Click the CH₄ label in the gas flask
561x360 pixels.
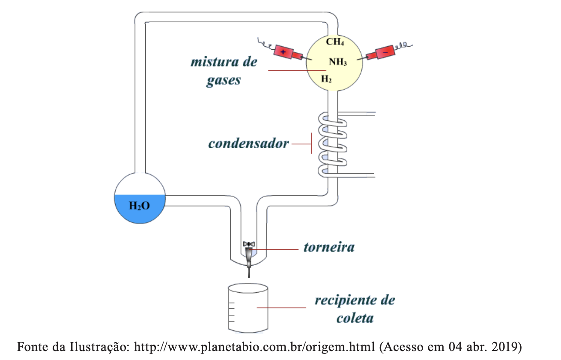335,42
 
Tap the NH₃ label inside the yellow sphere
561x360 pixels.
338,62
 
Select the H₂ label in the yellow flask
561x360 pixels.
326,79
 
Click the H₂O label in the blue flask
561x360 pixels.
139,206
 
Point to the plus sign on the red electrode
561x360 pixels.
283,52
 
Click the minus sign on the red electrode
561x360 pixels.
385,52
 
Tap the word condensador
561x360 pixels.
249,144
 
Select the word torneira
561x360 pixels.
329,247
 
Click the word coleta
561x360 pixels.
355,318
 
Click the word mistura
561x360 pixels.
214,62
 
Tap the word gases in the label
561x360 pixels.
224,81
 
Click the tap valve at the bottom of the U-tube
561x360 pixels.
249,259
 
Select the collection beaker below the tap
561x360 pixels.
248,308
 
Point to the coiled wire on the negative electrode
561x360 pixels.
403,45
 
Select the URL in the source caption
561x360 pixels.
254,347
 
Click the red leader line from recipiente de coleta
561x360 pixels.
281,308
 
